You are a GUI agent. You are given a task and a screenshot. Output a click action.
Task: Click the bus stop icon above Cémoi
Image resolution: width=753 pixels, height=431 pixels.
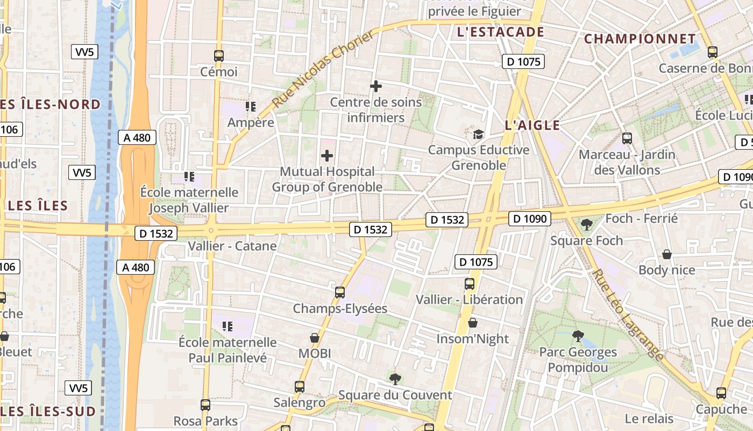point(218,55)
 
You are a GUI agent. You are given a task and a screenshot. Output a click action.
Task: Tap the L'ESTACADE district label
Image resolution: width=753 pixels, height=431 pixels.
point(500,32)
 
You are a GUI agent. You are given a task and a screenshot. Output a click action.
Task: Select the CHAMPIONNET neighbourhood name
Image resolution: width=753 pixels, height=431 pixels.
point(640,39)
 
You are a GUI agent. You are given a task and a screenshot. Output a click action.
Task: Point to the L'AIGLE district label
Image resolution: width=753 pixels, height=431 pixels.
point(532,126)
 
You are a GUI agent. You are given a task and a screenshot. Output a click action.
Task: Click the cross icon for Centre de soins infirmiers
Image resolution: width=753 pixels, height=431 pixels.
point(376,86)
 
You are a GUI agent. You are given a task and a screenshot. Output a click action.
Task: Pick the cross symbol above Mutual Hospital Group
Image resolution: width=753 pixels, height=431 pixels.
point(326,156)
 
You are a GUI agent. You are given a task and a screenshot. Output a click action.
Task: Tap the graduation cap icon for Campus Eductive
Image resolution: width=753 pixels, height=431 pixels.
point(478,134)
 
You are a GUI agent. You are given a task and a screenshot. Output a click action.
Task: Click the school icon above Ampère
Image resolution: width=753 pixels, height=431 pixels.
point(250,107)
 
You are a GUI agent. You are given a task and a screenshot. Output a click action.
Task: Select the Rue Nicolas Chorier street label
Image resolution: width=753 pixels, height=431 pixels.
point(323,69)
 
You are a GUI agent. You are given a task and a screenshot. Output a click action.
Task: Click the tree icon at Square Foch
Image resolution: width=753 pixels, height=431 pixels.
point(586,224)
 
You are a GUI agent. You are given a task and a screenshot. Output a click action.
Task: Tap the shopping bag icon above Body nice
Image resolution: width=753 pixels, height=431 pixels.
point(667,254)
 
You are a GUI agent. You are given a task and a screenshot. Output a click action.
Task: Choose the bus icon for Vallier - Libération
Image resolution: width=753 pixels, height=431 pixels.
point(470,283)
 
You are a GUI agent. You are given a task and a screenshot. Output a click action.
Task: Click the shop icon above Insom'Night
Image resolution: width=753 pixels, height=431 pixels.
point(472,323)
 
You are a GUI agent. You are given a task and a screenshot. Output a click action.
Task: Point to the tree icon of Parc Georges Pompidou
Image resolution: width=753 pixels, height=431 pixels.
point(578,336)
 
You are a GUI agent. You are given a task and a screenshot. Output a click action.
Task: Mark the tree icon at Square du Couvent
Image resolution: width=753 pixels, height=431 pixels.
point(395,379)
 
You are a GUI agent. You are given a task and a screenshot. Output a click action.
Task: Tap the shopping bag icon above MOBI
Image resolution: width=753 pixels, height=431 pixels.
point(315,338)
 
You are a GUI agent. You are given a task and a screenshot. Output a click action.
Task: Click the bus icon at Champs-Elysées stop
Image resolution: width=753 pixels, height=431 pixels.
point(340,293)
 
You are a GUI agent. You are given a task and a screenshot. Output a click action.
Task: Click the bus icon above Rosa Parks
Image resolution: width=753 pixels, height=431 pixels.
point(205,405)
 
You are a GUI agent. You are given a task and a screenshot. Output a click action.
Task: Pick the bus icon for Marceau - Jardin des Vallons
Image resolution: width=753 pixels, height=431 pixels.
point(627,138)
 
